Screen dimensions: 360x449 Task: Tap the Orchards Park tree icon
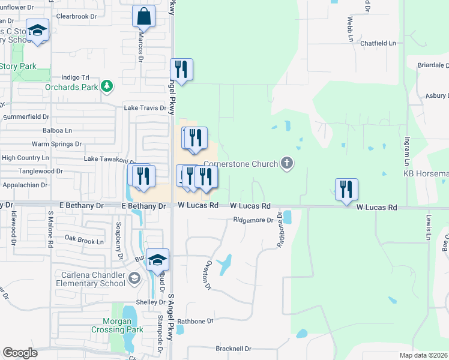(x=107, y=86)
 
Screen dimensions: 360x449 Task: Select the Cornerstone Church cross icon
(x=288, y=163)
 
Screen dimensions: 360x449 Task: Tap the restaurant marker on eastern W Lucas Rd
(x=346, y=189)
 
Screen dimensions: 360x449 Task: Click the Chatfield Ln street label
(x=378, y=43)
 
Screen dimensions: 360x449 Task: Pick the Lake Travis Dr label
(x=145, y=108)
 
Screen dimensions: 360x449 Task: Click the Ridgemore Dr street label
(x=253, y=220)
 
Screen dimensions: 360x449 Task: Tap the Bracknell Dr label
(x=233, y=349)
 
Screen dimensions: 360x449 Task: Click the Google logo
(x=20, y=353)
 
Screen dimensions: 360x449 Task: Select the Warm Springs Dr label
(x=56, y=144)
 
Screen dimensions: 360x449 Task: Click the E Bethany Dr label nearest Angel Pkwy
(x=143, y=206)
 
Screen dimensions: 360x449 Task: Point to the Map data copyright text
(x=423, y=355)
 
